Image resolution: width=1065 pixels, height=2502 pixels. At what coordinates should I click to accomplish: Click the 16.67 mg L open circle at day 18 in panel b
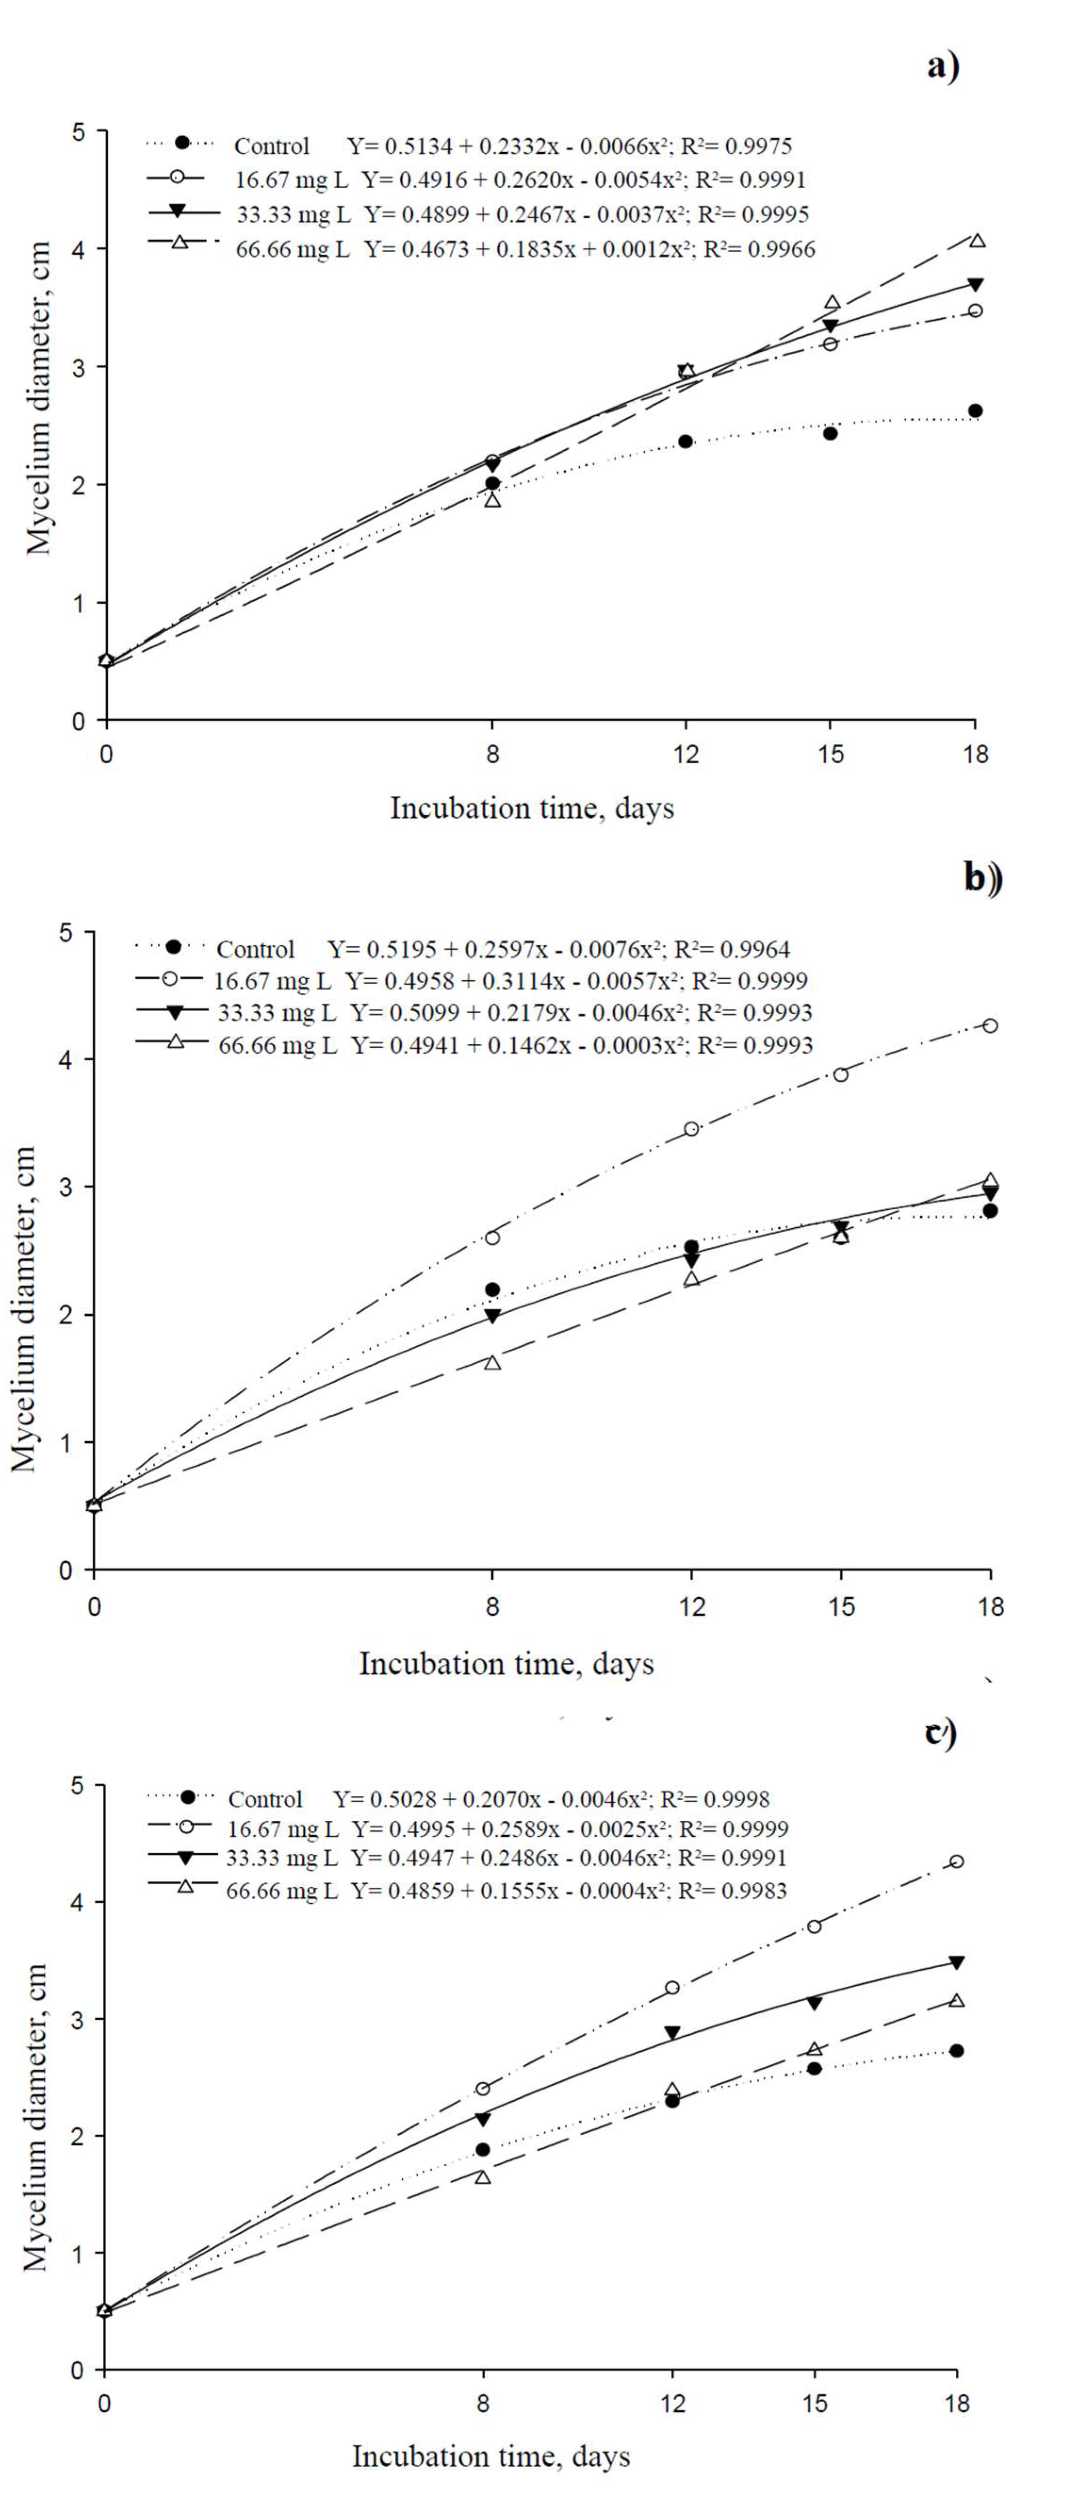click(989, 1026)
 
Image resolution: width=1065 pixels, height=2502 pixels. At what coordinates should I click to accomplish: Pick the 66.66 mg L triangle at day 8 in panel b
click(492, 1362)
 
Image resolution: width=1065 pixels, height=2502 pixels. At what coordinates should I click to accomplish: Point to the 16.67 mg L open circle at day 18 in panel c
click(956, 1861)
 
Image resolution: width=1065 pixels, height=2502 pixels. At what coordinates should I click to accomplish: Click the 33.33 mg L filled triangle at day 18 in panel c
click(956, 1963)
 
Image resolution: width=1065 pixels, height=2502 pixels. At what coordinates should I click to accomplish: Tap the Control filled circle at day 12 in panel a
click(685, 441)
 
